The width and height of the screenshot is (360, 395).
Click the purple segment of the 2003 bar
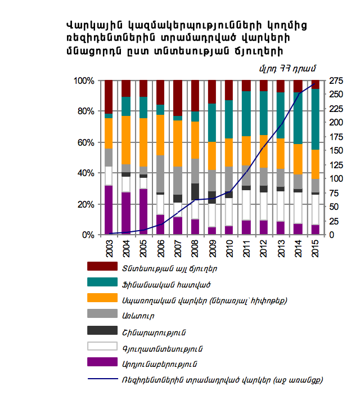coord(109,210)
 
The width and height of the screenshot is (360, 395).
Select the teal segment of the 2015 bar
coord(316,119)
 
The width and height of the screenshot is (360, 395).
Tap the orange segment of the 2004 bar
coord(126,140)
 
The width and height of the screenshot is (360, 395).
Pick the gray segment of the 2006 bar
coord(160,174)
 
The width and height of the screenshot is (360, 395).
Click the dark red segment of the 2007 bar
coord(178,98)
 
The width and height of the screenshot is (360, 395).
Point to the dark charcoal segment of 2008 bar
coord(195,192)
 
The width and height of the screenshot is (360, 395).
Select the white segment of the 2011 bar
coord(246,205)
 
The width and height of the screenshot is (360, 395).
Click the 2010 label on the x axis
coord(229,248)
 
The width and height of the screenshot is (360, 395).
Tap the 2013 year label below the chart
coord(281,248)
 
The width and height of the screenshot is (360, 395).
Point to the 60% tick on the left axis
coord(86,142)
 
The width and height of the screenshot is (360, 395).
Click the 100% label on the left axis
coord(84,81)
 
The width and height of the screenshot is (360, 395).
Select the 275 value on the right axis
coord(336,81)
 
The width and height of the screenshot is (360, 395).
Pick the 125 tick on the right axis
coord(336,165)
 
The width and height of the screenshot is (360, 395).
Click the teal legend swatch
coord(102,282)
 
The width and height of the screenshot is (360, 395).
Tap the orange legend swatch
coord(102,298)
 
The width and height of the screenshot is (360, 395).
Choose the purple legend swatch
coord(102,362)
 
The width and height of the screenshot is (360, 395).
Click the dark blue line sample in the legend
coord(103,379)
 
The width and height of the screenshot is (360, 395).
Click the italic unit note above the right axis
coord(287,69)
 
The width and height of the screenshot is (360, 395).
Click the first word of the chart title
coord(94,25)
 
